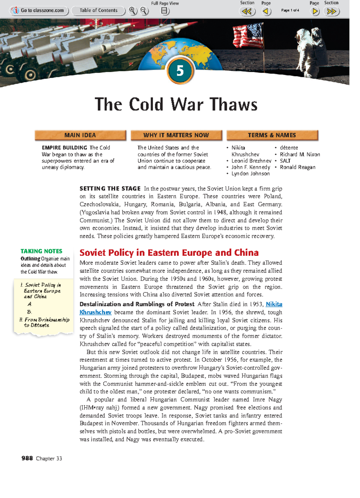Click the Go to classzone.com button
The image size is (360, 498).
39,10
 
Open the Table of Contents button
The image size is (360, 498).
98,10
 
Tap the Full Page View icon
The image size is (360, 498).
165,11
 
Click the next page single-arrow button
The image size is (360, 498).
315,11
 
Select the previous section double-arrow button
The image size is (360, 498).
247,11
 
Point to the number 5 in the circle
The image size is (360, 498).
180,71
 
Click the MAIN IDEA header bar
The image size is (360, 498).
80,135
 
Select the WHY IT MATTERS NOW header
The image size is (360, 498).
176,135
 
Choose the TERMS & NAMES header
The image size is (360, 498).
272,135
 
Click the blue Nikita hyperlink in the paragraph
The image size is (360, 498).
274,304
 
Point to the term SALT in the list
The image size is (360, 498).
285,161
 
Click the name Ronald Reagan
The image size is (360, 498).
297,167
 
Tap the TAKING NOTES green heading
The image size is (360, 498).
41,251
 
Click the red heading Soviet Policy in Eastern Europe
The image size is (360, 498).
169,253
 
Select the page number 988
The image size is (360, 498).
27,458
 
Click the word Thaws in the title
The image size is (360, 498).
234,104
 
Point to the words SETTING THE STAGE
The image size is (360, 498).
110,189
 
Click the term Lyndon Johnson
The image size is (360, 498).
250,174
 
